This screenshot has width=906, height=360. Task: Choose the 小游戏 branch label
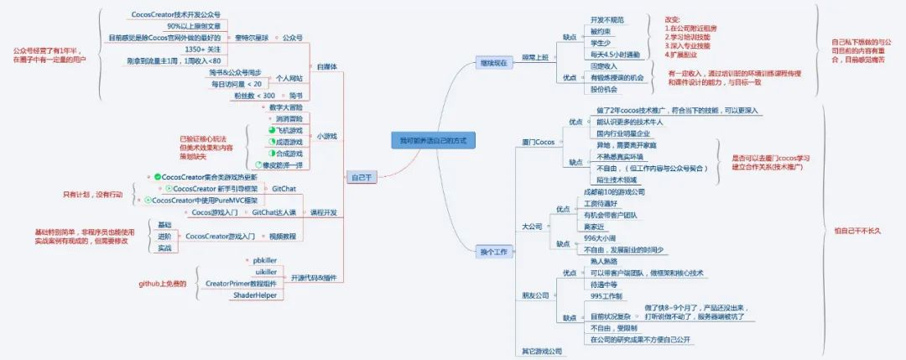[x=326, y=136]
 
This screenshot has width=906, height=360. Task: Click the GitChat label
[x=284, y=189]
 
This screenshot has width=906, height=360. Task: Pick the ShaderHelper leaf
[x=254, y=295]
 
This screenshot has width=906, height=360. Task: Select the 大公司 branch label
[x=532, y=227]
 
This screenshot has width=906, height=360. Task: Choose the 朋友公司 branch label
[x=534, y=295]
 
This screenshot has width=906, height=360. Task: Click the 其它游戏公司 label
[x=541, y=351]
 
